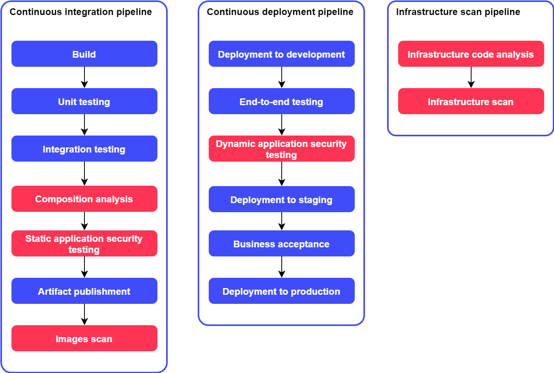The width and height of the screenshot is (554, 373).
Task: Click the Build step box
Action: tap(84, 54)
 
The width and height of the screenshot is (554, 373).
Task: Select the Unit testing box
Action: tap(84, 101)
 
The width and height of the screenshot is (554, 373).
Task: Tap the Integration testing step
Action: tap(84, 149)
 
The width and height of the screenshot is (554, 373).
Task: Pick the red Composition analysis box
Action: tap(84, 199)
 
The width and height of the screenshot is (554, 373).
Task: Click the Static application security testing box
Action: tap(84, 243)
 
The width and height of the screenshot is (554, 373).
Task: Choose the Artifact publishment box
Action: tap(84, 291)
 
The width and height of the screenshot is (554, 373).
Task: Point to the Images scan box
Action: tap(84, 338)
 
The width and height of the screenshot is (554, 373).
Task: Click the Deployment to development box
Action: tap(281, 54)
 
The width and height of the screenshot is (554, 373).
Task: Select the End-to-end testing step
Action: tap(281, 101)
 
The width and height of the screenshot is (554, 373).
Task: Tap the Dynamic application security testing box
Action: tap(281, 149)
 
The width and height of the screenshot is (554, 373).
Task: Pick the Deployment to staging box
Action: tap(281, 199)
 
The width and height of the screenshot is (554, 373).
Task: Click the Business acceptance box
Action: tap(281, 243)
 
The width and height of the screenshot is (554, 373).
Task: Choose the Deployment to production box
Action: tap(281, 291)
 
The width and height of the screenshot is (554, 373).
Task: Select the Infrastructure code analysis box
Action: tap(471, 54)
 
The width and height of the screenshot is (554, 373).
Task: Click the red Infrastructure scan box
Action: tap(471, 101)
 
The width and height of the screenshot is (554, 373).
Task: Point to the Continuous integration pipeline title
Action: tap(80, 12)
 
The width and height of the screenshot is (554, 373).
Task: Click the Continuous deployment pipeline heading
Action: tap(280, 12)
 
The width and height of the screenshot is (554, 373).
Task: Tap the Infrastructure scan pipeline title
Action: tap(458, 12)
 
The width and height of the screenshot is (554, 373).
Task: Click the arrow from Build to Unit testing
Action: tap(84, 77)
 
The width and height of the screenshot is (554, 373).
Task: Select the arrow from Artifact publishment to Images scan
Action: tap(84, 315)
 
